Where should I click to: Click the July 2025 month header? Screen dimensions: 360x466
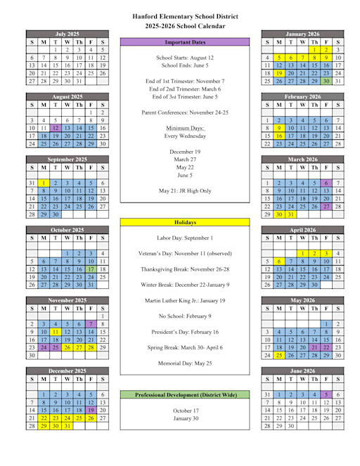click(x=67, y=34)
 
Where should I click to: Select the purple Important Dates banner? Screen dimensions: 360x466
click(x=184, y=42)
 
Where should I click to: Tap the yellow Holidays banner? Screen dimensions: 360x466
click(x=184, y=223)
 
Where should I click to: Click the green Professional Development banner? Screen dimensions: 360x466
click(x=184, y=395)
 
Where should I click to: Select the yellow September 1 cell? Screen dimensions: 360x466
click(x=44, y=183)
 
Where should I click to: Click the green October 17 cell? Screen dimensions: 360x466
click(x=91, y=269)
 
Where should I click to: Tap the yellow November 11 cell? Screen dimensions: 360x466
click(x=56, y=332)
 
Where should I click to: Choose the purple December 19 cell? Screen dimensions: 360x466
click(x=91, y=410)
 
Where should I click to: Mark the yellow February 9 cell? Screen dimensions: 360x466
click(x=278, y=129)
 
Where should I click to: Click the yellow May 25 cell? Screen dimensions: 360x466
click(x=278, y=355)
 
